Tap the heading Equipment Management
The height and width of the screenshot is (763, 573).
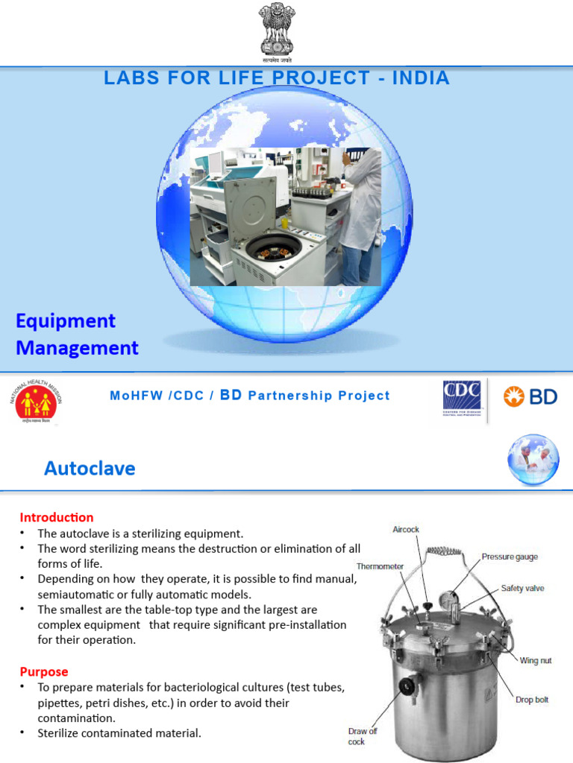(77, 334)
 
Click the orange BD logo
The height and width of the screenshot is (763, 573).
(530, 396)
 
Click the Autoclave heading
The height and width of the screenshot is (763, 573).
(90, 468)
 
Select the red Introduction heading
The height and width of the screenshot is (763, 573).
(57, 517)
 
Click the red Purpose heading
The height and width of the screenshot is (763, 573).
(44, 671)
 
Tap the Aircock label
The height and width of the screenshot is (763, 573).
(406, 529)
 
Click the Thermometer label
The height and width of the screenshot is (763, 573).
(380, 566)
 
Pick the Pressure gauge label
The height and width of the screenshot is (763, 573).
(510, 557)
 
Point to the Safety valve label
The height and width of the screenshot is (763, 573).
(522, 588)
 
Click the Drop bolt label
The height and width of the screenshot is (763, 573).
(533, 700)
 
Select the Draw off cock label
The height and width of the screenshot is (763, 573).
(363, 736)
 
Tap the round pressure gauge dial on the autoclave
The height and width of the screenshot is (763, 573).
(449, 601)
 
